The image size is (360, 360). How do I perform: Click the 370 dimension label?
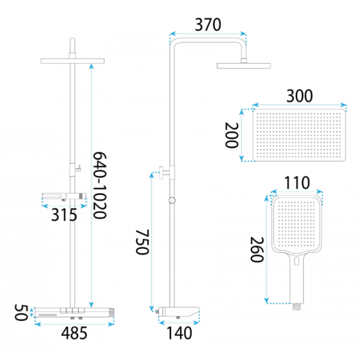pos(208,25)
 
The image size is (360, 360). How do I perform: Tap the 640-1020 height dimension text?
pos(100,185)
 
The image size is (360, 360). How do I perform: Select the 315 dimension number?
pos(64,215)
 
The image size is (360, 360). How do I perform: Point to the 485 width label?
pos(74,333)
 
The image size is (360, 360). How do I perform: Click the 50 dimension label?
pos(21,313)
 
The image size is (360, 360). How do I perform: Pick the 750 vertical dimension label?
pos(142,242)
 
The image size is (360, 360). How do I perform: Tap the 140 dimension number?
pos(179,333)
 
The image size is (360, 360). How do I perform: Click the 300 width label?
pos(299,96)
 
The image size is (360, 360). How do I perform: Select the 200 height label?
pos(232,135)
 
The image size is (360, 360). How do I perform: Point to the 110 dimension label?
pos(297,183)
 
